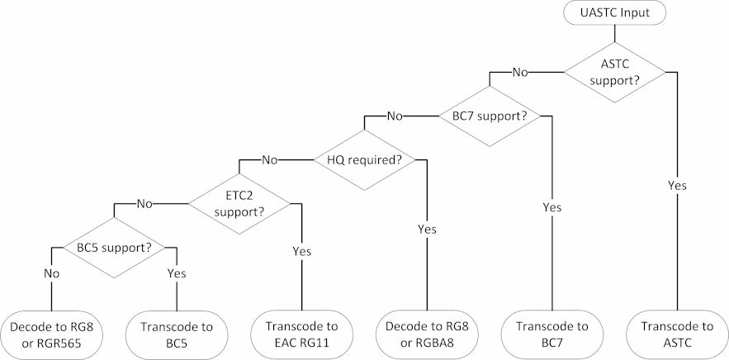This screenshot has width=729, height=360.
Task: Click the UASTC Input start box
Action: [613, 14]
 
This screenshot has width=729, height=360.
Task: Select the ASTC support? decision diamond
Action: [613, 72]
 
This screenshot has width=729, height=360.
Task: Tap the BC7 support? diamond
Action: [490, 116]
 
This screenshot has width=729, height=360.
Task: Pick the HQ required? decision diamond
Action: [365, 159]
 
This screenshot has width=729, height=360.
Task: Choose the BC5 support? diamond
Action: [115, 246]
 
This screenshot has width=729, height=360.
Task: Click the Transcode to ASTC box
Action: [676, 334]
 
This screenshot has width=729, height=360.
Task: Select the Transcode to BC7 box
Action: [551, 334]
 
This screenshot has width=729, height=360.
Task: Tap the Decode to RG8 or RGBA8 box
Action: [427, 334]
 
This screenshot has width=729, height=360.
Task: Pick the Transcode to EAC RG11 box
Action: [303, 334]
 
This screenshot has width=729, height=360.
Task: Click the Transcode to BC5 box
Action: [177, 334]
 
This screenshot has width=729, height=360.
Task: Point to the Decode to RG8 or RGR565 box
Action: [51, 334]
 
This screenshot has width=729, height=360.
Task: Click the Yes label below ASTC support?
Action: [677, 186]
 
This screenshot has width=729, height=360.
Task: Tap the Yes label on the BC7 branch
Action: [551, 207]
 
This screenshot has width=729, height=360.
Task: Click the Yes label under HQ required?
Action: [427, 229]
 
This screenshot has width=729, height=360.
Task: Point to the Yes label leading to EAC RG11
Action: [303, 250]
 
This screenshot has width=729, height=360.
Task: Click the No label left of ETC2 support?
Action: [144, 203]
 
